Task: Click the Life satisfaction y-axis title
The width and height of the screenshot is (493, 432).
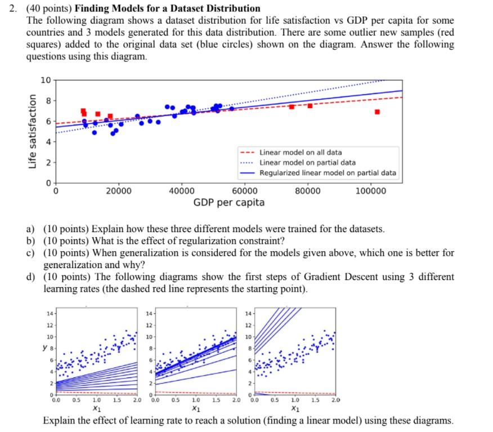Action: (x=34, y=131)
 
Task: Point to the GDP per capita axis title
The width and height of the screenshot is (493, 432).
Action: (x=228, y=202)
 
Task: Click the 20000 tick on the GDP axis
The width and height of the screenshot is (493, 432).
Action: (x=118, y=191)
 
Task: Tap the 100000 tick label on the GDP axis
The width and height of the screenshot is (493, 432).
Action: (x=371, y=191)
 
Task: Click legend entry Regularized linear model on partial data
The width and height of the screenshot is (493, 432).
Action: (x=328, y=173)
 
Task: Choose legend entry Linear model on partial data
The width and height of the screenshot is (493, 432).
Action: (x=307, y=163)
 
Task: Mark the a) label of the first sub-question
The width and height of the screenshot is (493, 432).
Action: (x=32, y=229)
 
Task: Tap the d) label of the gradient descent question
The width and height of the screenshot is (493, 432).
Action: (x=32, y=277)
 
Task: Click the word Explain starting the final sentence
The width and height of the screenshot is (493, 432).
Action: (x=60, y=421)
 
